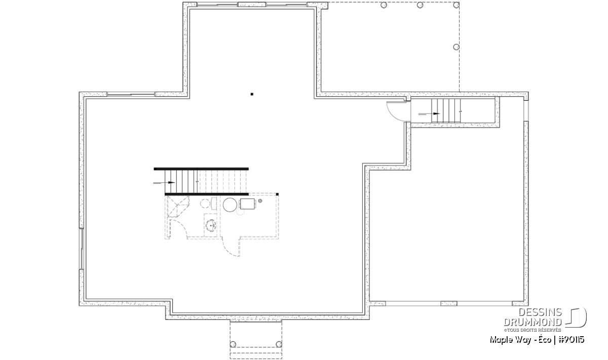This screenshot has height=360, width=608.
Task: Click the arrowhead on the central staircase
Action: tap(171, 183)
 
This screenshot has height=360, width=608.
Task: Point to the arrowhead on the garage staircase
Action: tap(436, 113)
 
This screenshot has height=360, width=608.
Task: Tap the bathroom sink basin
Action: tap(211, 225)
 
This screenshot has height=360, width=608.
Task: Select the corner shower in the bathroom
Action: tap(178, 207)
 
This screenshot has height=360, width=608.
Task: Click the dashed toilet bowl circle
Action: tap(205, 203)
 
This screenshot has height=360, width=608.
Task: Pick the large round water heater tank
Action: tap(230, 205)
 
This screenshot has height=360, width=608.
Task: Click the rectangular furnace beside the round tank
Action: tap(248, 204)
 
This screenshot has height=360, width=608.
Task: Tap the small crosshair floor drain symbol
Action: tap(260, 201)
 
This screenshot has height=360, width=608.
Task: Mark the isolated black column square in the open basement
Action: tap(252, 94)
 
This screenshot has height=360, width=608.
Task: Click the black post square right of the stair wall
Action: tap(277, 194)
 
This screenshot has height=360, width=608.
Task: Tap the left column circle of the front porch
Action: tap(233, 344)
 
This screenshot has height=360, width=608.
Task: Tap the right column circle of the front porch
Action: tap(279, 344)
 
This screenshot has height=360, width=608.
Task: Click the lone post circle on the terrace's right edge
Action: tap(457, 47)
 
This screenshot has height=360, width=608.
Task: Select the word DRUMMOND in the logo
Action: tap(533, 322)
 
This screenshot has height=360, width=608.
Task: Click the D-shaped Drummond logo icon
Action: tap(576, 317)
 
